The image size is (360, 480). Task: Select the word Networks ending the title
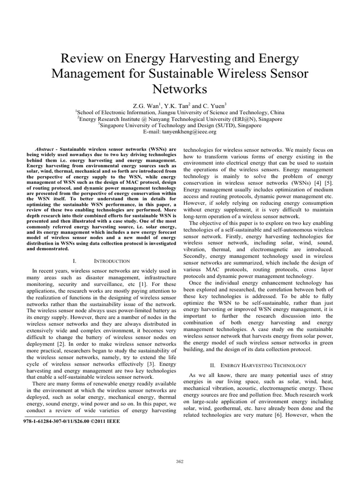click(x=180, y=89)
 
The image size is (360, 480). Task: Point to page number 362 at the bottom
click(x=180, y=461)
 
